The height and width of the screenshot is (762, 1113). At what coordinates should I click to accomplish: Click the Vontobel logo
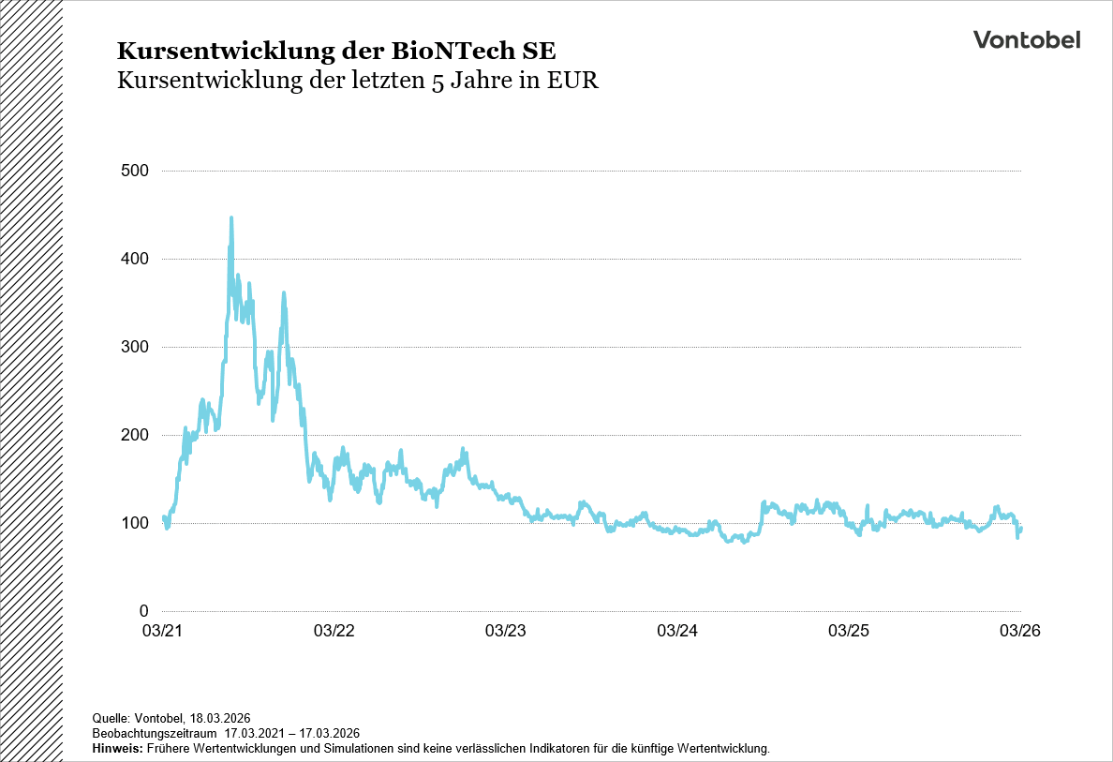click(1026, 39)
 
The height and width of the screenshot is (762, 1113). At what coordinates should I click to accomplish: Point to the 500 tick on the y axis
click(135, 171)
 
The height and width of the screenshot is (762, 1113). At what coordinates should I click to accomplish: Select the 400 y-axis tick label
click(135, 259)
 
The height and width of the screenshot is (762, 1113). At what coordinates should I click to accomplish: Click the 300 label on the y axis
click(135, 347)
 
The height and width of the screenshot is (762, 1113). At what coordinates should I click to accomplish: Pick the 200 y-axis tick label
click(135, 435)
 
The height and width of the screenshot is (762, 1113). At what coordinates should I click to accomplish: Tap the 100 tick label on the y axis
click(135, 523)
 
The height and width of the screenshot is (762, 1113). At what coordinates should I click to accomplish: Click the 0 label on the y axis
click(143, 611)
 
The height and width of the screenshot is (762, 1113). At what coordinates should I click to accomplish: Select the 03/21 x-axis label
click(162, 632)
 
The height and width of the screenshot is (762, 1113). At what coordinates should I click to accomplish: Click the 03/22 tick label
click(334, 632)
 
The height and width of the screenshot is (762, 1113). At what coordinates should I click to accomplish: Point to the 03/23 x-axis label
click(505, 632)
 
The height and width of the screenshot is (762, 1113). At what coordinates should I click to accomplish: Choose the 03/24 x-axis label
click(677, 632)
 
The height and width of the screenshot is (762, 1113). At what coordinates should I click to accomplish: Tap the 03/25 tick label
click(849, 632)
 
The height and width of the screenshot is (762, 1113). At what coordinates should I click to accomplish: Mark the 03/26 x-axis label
click(1020, 632)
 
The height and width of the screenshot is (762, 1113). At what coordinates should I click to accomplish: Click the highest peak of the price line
click(231, 218)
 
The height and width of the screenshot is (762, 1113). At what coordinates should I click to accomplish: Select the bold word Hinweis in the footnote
click(117, 749)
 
